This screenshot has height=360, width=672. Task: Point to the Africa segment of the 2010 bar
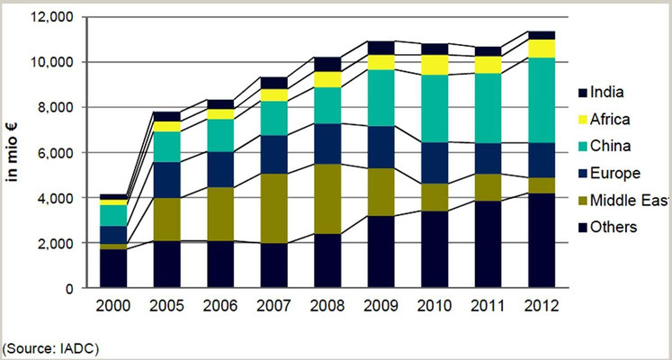[434, 65]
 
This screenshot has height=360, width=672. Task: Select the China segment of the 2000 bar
[114, 215]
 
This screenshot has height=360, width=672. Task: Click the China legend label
[615, 145]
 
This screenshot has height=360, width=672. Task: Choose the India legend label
[613, 90]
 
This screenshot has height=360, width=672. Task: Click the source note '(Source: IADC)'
[51, 346]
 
